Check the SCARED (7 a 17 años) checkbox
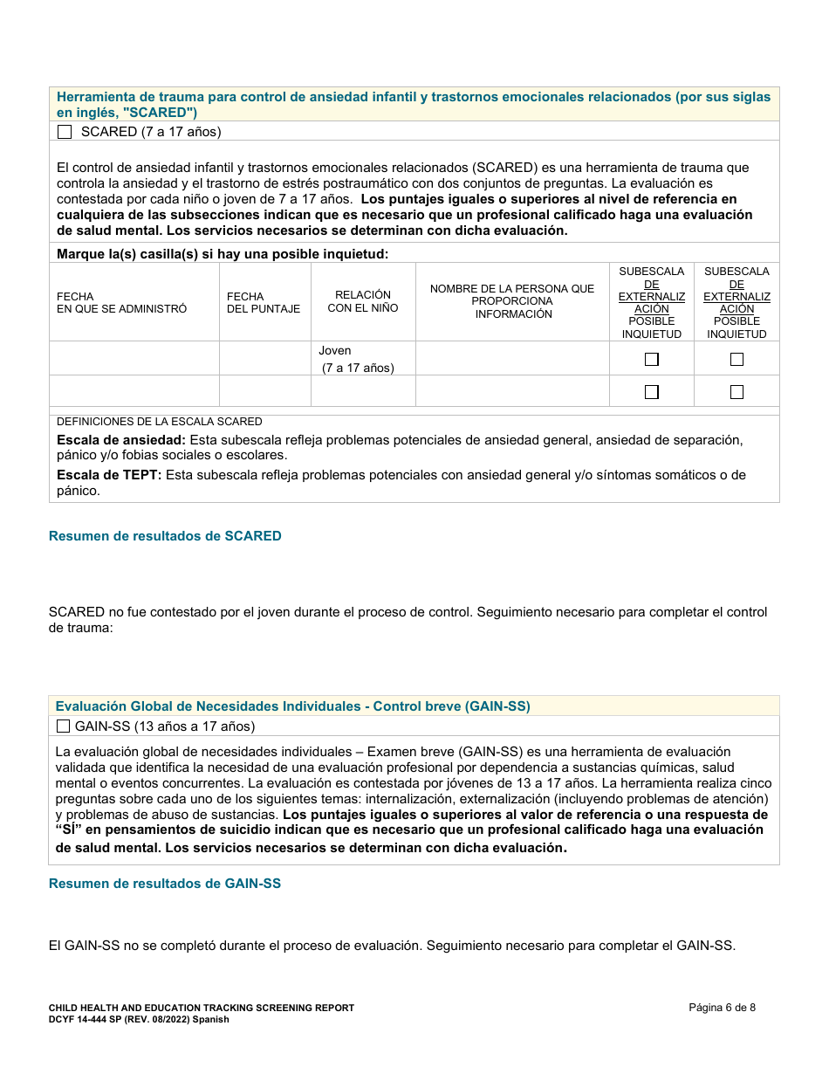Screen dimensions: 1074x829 (x=64, y=132)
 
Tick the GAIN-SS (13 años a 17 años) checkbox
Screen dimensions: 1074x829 (x=63, y=726)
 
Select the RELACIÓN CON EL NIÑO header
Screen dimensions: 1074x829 (x=362, y=301)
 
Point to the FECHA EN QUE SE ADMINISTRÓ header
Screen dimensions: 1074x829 (x=121, y=303)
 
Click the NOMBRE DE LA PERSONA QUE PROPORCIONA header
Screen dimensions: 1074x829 (x=512, y=301)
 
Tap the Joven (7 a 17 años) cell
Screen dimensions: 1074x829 (x=357, y=359)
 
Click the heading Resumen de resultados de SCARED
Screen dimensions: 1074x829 (x=165, y=536)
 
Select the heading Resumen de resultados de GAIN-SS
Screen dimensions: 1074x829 (x=165, y=884)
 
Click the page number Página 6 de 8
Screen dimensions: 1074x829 (x=722, y=1008)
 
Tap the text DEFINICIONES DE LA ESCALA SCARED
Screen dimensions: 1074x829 (x=160, y=421)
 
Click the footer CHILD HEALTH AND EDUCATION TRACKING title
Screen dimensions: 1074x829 (x=201, y=1008)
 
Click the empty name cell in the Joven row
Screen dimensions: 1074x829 (x=512, y=359)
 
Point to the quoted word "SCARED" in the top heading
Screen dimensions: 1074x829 (x=160, y=113)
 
